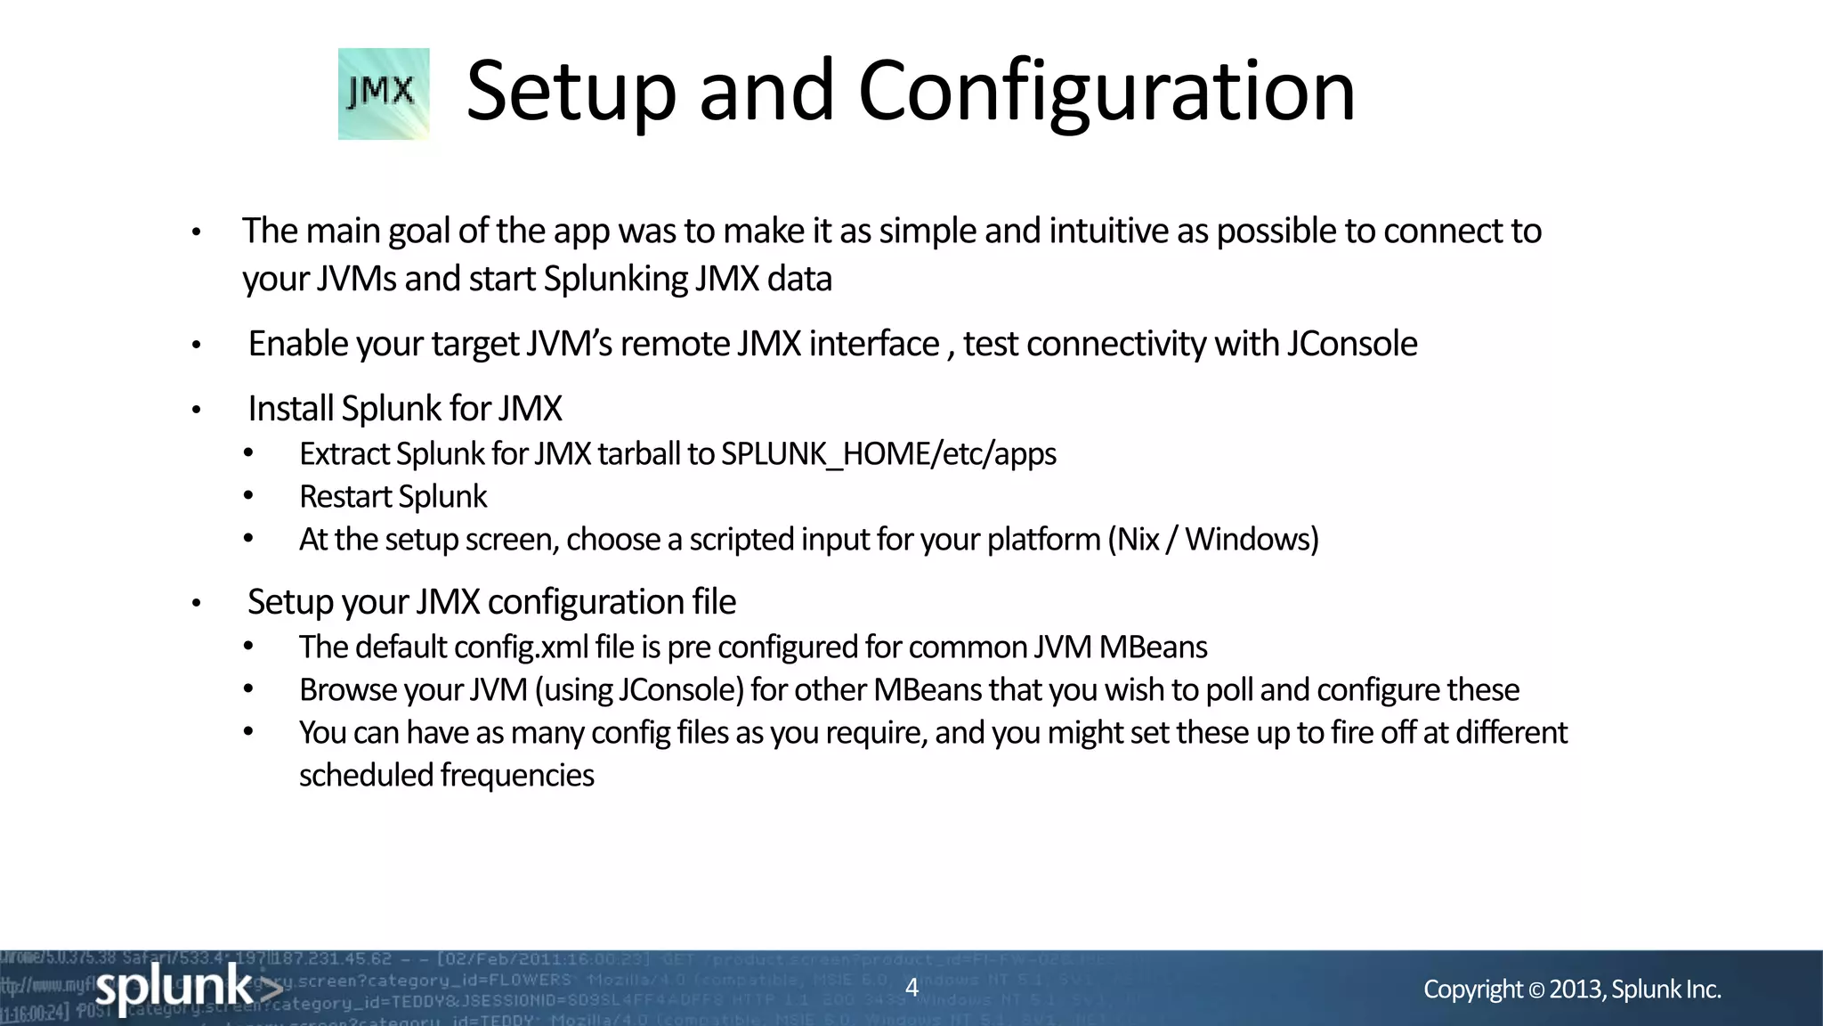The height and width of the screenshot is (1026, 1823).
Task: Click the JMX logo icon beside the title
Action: [x=384, y=94]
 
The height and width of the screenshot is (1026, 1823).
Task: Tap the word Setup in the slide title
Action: [x=571, y=91]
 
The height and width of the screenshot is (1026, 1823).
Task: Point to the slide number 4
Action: [x=911, y=987]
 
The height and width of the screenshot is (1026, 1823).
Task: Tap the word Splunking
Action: [x=615, y=279]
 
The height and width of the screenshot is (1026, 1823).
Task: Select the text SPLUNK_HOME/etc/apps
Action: [x=888, y=454]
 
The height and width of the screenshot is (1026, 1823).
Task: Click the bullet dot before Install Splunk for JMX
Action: [x=197, y=410]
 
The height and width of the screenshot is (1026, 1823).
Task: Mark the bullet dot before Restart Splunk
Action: [x=248, y=496]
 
